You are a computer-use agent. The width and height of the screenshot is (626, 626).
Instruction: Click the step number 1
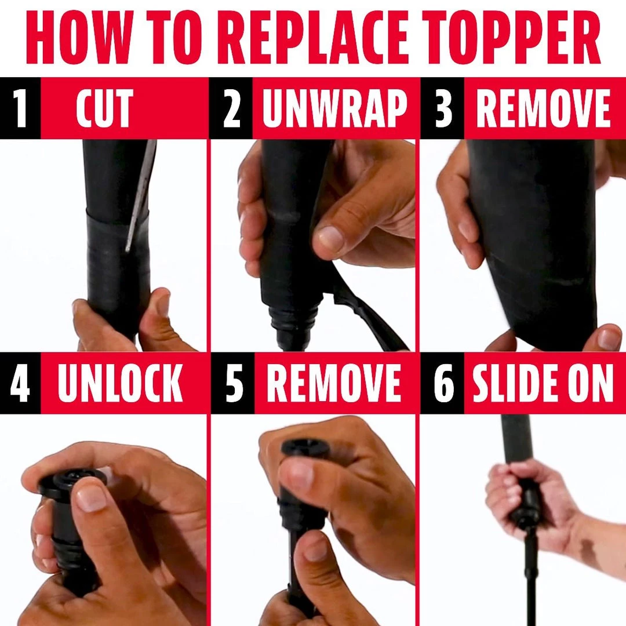[20, 108]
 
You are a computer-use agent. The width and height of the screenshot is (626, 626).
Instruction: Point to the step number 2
[231, 108]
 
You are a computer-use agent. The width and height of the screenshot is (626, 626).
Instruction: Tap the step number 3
[443, 108]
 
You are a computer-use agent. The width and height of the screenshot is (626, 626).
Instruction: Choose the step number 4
[20, 383]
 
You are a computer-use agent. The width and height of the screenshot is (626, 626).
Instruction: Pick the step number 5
[234, 383]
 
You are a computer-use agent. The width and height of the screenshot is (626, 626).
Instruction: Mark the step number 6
[443, 383]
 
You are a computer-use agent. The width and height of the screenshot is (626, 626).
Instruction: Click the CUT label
[104, 108]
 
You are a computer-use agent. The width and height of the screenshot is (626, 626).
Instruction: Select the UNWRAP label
[334, 108]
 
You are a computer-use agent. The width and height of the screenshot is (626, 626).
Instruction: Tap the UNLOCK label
[120, 383]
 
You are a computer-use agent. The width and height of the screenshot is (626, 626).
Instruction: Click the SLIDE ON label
[543, 383]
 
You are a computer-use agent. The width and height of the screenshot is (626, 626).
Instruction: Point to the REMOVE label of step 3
[543, 108]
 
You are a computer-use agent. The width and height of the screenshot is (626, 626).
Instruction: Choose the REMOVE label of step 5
[333, 383]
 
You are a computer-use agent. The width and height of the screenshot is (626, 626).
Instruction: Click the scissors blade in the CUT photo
[140, 196]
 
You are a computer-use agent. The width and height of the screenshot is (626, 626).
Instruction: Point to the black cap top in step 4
[74, 480]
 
